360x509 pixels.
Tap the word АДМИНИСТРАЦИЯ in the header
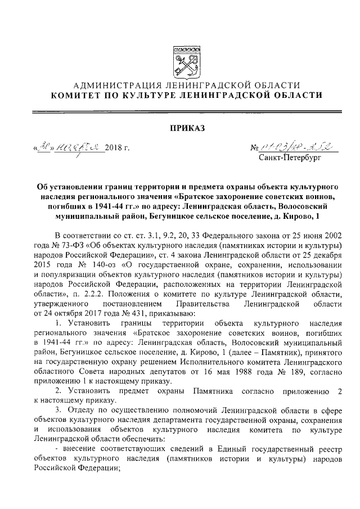point(113,85)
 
